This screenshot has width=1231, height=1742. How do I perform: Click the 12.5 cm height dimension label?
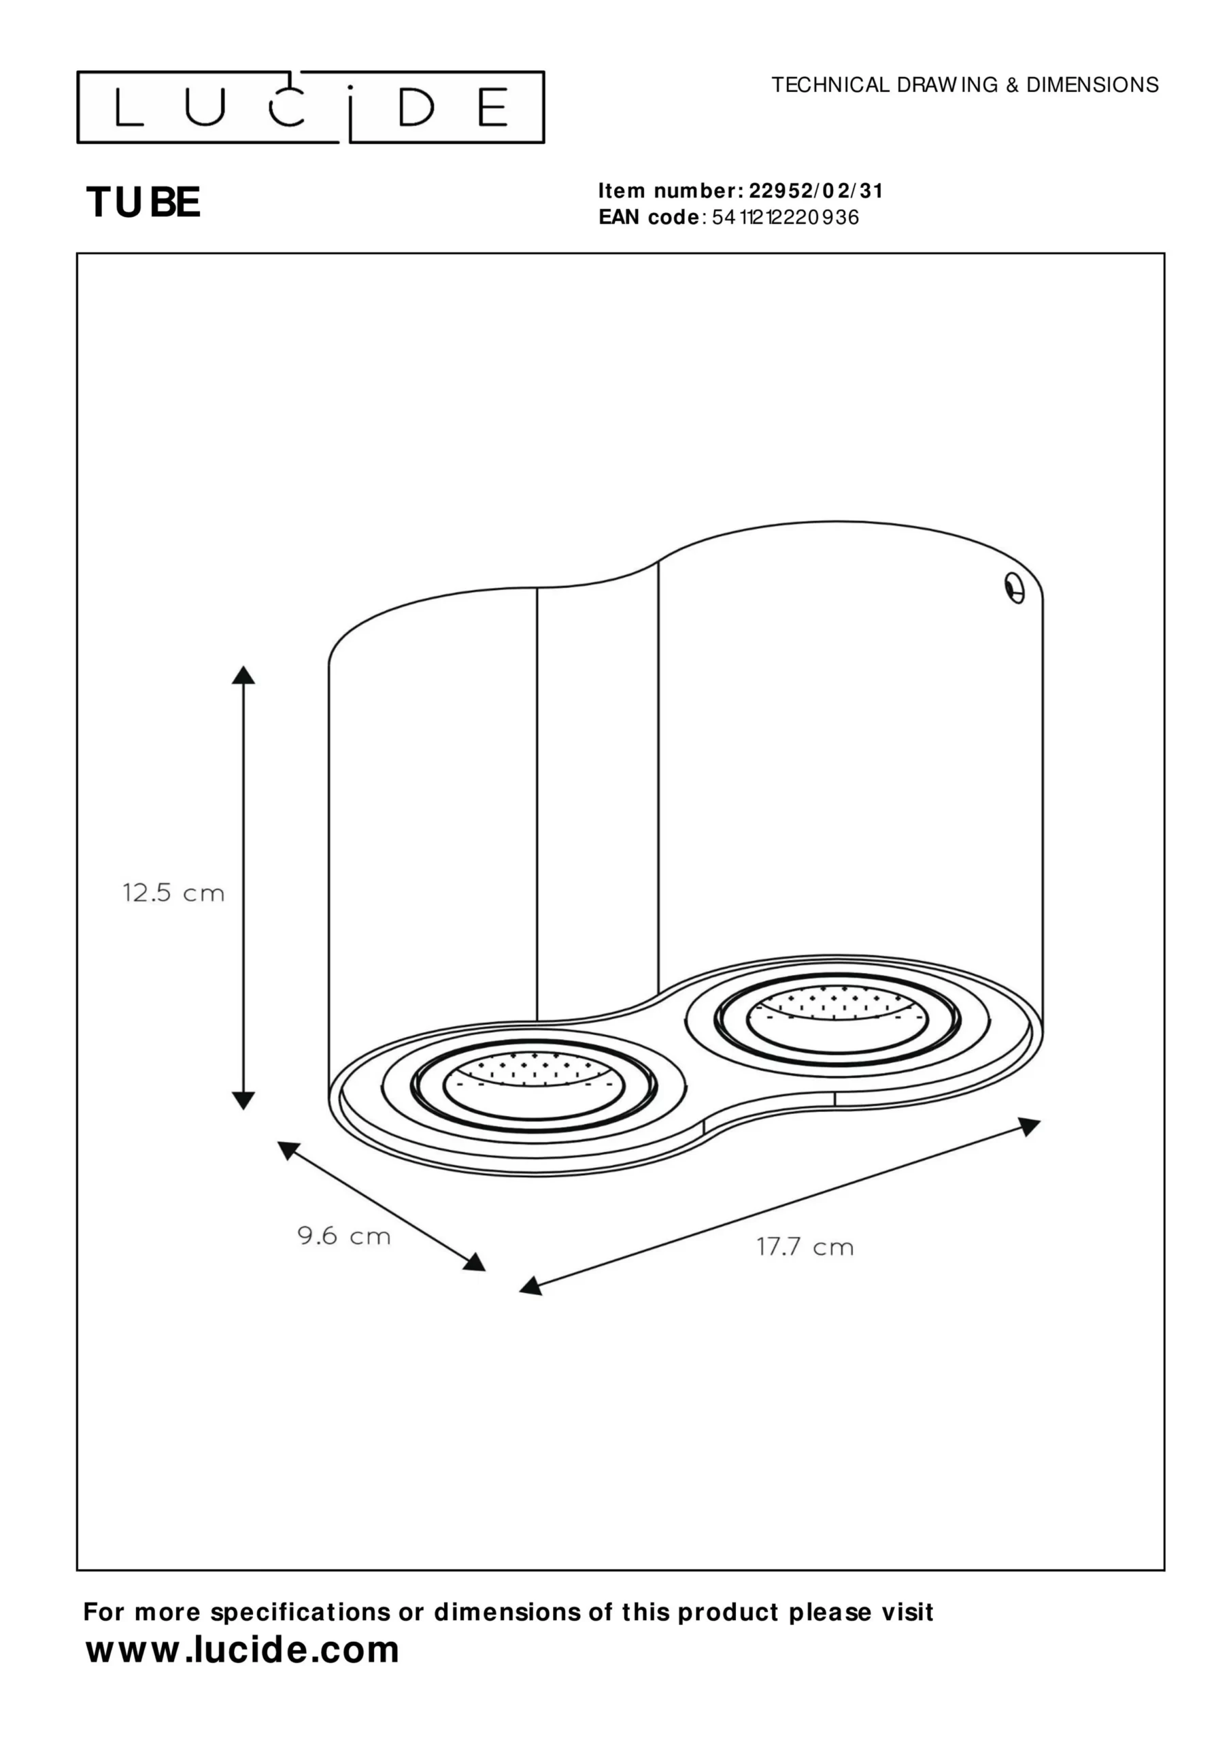pyautogui.click(x=173, y=893)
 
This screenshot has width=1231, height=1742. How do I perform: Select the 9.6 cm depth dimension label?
pyautogui.click(x=343, y=1236)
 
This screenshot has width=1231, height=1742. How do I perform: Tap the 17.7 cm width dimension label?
pyautogui.click(x=805, y=1247)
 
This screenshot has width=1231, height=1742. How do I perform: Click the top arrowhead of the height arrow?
pyautogui.click(x=243, y=674)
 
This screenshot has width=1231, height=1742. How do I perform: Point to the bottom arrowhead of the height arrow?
pyautogui.click(x=243, y=1100)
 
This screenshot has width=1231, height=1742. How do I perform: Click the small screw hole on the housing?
pyautogui.click(x=1015, y=588)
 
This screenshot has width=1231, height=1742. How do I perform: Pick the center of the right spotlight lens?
pyautogui.click(x=837, y=1017)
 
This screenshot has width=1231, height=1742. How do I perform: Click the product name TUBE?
pyautogui.click(x=143, y=203)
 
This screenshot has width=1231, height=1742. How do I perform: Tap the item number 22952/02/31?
pyautogui.click(x=816, y=191)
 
